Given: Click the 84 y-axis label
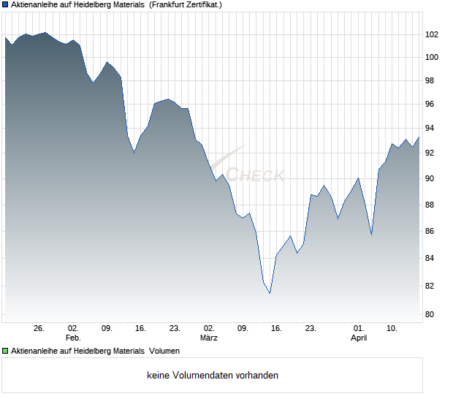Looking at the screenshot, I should (431, 259).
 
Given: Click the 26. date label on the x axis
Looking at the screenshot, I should (39, 329).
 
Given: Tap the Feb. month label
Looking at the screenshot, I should (72, 338).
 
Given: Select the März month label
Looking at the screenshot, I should (209, 338).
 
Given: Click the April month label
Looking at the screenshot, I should (359, 338).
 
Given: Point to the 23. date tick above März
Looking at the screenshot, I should (175, 329).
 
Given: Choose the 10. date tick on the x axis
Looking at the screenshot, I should (392, 329).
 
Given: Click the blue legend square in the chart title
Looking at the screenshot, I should (5, 4).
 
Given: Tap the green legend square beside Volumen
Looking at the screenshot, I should (5, 351).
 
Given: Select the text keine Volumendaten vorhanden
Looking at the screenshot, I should (213, 376).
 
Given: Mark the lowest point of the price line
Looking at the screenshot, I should (270, 293).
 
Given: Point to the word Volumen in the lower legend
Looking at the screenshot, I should (164, 351).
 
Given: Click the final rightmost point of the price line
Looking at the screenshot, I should (419, 137).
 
